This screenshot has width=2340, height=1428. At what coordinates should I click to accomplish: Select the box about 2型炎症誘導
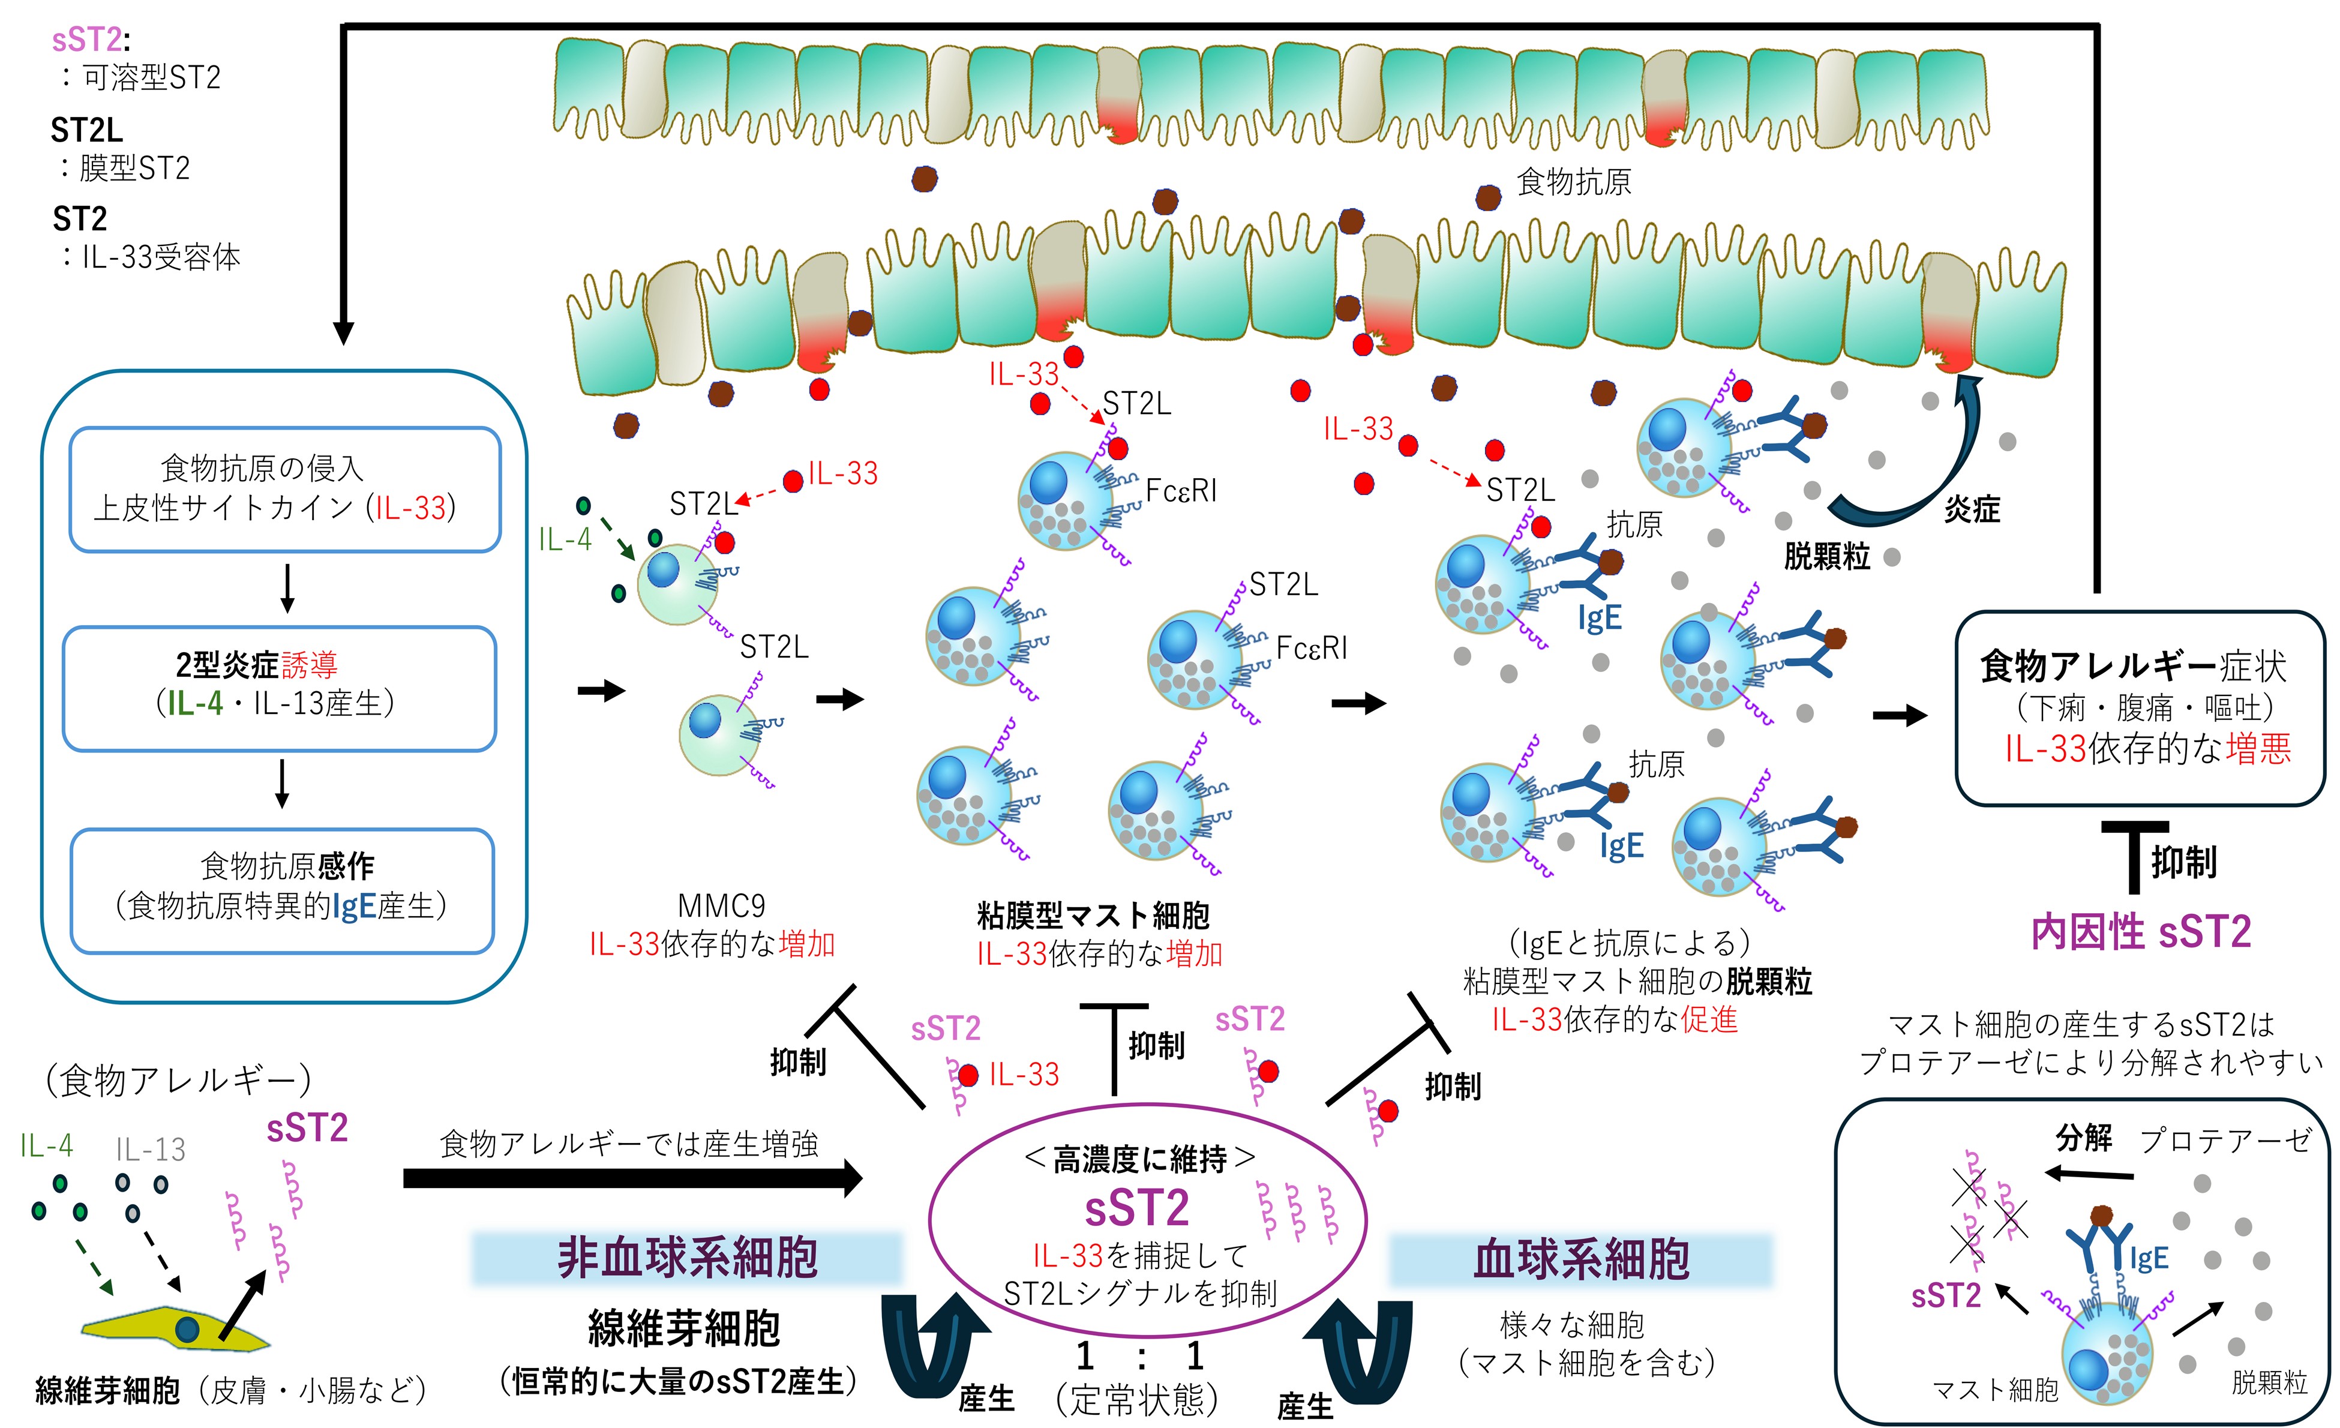[279, 688]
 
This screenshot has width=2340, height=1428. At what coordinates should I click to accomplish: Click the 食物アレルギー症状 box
[2138, 707]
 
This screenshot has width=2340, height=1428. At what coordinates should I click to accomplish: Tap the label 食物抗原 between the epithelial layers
[1574, 181]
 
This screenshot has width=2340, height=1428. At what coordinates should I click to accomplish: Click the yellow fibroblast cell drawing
[176, 1329]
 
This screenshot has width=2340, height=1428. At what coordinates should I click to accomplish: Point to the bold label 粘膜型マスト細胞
[1093, 915]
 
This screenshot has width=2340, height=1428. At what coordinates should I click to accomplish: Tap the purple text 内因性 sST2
[2141, 932]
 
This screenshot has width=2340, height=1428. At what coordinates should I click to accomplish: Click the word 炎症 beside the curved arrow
[1972, 510]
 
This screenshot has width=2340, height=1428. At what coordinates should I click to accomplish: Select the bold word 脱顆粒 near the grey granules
[1826, 556]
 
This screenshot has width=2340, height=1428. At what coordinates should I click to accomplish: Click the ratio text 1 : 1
[1139, 1357]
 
